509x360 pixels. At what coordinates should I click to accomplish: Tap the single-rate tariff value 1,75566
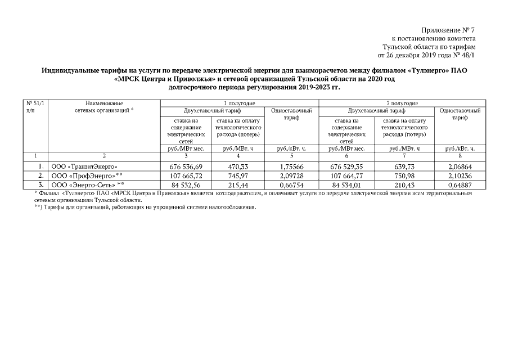(291, 167)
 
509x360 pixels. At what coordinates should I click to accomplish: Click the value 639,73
(404, 167)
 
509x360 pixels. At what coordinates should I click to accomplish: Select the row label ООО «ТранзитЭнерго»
(84, 167)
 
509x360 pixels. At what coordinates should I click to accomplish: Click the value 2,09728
(291, 175)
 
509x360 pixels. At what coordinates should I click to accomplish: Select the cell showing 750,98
(404, 175)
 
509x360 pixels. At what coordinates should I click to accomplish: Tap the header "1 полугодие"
(240, 103)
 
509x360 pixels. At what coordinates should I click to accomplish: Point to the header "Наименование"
(104, 103)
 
